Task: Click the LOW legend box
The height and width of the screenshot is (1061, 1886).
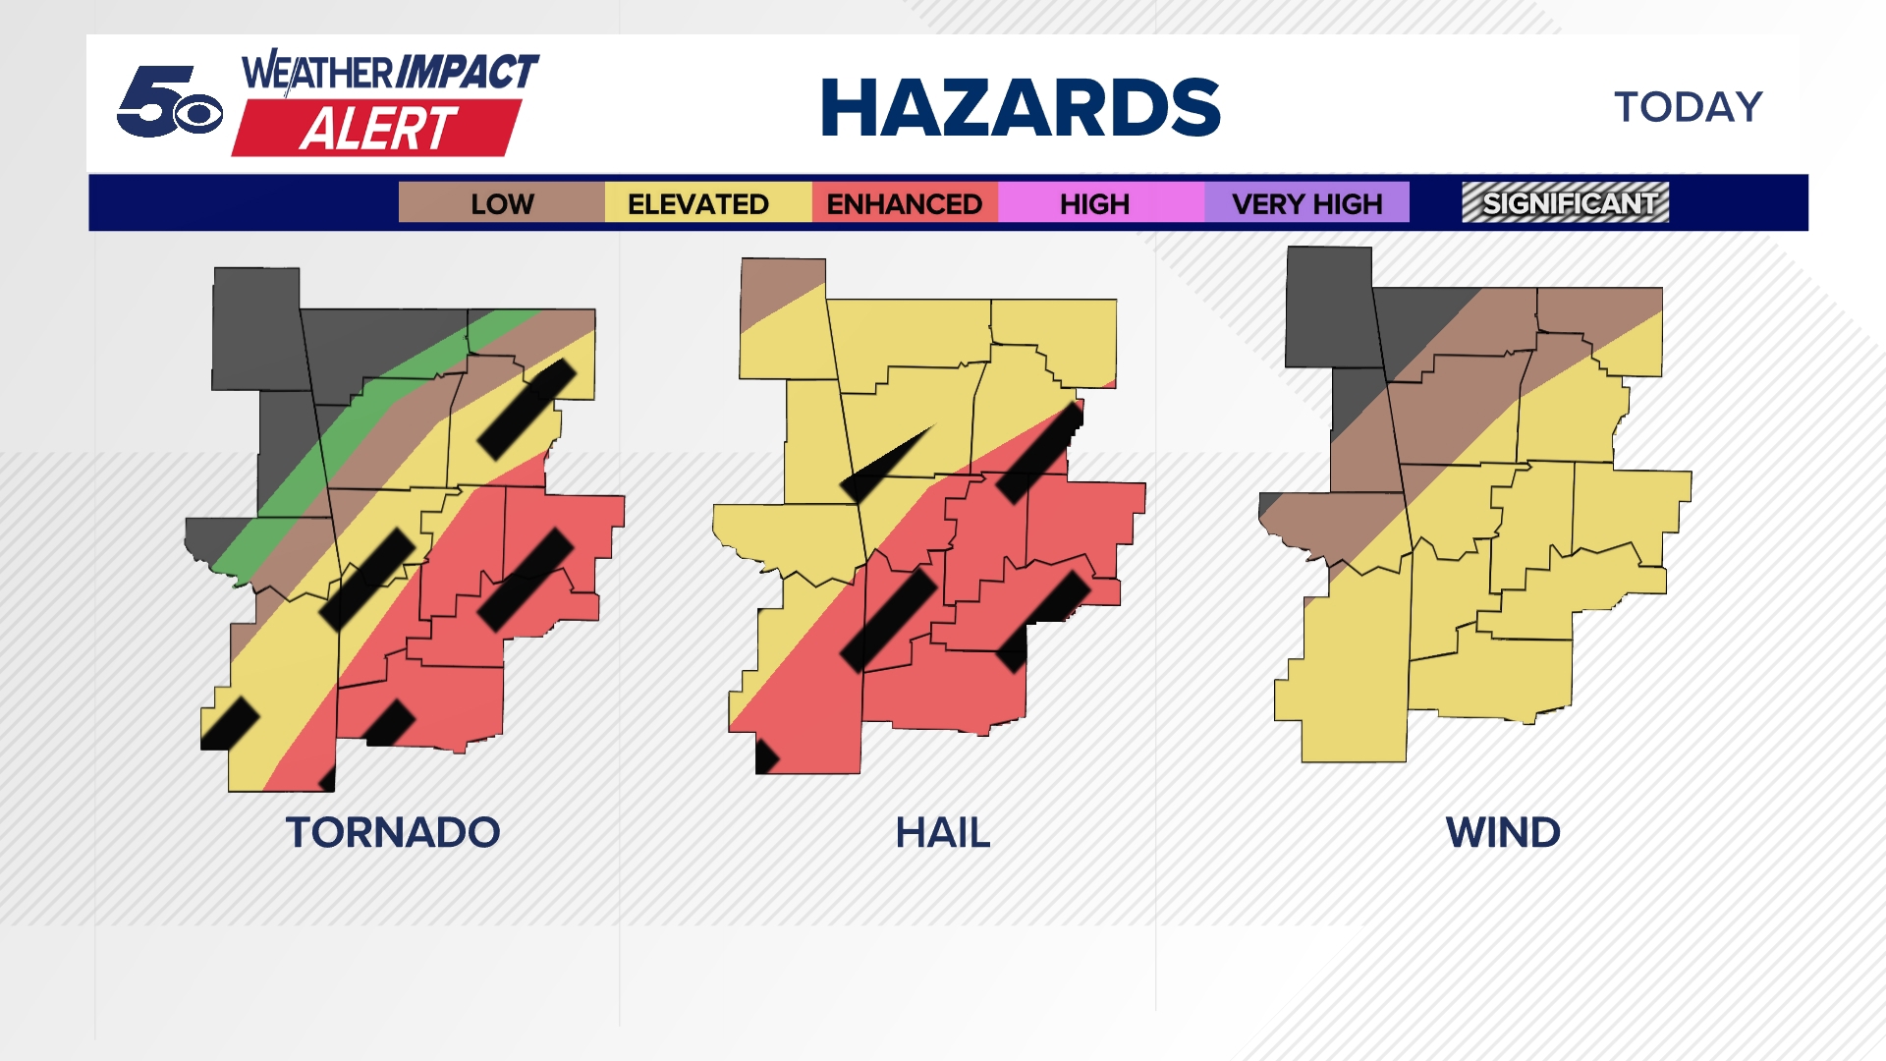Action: point(502,202)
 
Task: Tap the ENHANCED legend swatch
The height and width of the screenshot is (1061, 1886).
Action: point(905,202)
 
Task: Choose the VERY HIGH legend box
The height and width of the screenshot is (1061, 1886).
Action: point(1306,202)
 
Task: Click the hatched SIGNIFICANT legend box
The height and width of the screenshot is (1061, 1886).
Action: point(1566,202)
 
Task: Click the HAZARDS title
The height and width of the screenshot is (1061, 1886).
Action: point(1020,107)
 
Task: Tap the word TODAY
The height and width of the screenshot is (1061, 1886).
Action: point(1689,107)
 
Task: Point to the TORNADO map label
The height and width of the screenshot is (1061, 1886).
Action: point(393,833)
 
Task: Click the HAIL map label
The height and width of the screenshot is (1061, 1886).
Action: point(943,833)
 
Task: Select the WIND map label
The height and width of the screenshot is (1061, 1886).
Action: point(1503,833)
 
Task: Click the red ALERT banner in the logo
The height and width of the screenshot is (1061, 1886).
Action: point(377,129)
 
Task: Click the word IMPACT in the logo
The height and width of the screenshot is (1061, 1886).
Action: point(467,72)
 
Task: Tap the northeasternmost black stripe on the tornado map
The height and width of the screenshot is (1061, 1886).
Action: point(527,408)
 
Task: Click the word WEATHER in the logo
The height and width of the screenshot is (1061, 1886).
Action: point(316,73)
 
